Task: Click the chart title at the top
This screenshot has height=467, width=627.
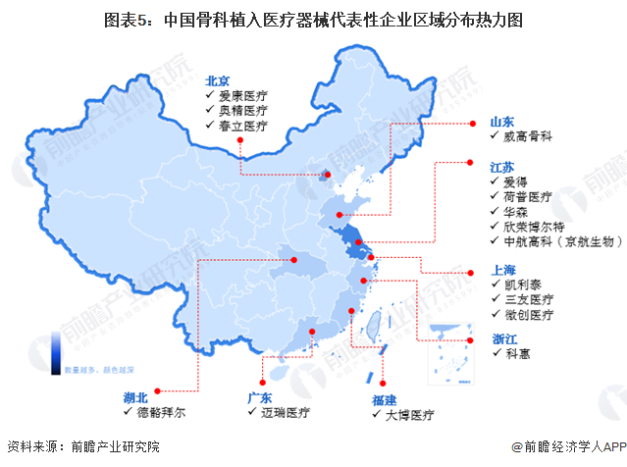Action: pos(313,19)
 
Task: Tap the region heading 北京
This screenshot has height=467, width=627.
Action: pos(217,81)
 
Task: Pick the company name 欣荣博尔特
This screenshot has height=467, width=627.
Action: pos(534,226)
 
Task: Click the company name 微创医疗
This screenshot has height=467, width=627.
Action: pos(530,316)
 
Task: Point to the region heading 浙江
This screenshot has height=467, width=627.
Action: pos(504,339)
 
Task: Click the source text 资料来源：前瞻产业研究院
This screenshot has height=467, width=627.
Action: pos(83,447)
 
